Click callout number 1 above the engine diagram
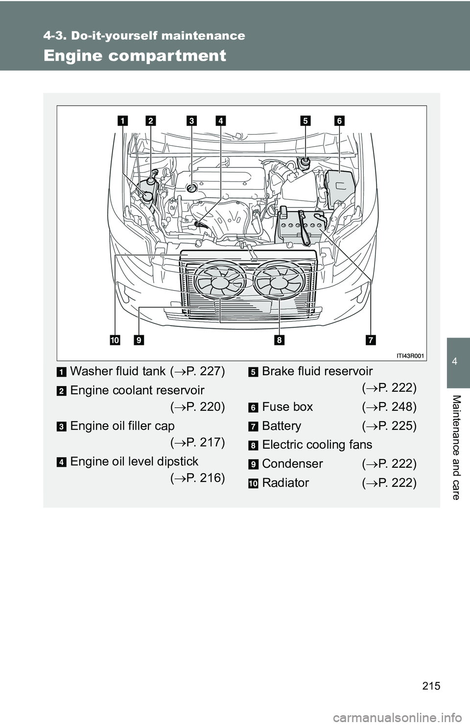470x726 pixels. [x=122, y=120]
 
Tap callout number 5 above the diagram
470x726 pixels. [x=305, y=120]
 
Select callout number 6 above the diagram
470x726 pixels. [x=339, y=120]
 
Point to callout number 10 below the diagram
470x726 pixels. [x=115, y=340]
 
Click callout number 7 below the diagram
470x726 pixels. [x=371, y=340]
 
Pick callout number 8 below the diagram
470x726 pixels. [x=279, y=340]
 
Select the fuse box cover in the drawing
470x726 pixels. [x=339, y=184]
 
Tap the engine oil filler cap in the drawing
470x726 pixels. [x=192, y=187]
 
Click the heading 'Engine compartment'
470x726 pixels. [x=135, y=56]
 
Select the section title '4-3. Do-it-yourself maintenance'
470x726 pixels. [x=144, y=36]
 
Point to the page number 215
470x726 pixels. [x=431, y=686]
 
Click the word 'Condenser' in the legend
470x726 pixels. [x=292, y=464]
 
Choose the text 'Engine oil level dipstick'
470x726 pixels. [x=134, y=461]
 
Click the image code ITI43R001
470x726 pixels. [x=410, y=356]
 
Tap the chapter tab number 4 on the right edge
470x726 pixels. [x=455, y=362]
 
